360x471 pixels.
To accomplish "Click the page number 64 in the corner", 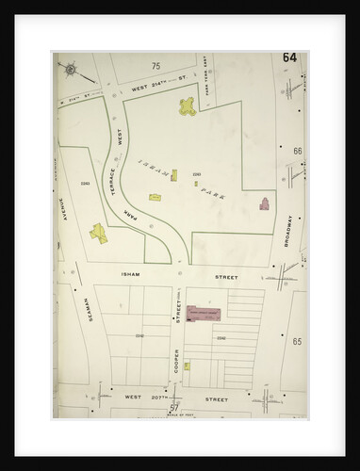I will tap(288, 58).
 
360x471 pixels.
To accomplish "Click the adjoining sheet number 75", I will tap(156, 66).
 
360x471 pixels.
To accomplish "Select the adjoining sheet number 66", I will tap(297, 151).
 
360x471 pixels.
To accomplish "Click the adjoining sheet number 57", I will tap(173, 407).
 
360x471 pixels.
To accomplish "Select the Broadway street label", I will tap(287, 231).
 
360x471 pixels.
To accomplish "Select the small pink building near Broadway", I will tap(264, 203).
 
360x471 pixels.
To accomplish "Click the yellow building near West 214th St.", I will tap(187, 108).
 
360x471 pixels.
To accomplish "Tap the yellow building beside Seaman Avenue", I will tap(98, 232).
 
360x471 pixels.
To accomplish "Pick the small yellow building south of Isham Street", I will tap(187, 365).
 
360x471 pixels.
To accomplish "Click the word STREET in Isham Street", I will tap(224, 278).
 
